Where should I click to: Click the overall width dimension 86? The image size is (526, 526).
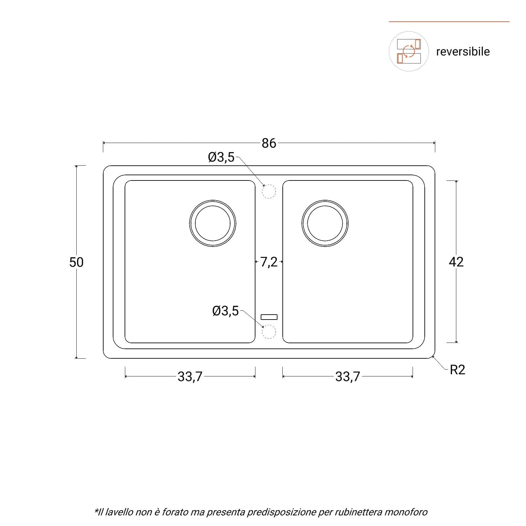[269, 143]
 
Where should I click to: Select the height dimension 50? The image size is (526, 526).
[76, 262]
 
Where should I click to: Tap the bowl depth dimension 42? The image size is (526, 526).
[456, 262]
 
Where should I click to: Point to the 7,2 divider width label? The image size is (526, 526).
[269, 262]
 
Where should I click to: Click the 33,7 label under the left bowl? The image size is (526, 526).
[190, 377]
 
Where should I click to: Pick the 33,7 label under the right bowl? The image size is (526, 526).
[347, 377]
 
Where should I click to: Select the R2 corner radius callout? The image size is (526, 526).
[457, 370]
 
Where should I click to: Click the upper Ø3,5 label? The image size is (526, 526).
[221, 157]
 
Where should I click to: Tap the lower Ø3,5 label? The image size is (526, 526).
[226, 311]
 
